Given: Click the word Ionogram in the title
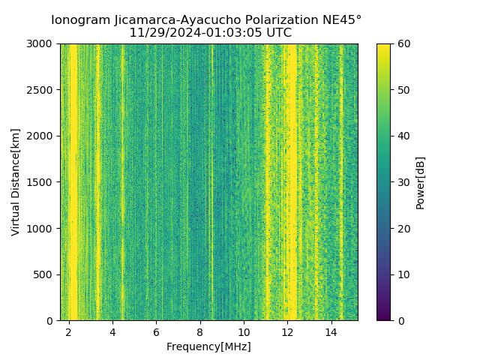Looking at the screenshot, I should click(80, 20).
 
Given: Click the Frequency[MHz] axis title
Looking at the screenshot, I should click(208, 346).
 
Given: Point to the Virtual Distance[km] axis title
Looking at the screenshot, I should click(16, 182).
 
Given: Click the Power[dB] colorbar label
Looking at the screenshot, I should click(420, 182).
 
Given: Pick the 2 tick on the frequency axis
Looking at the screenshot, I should click(69, 331).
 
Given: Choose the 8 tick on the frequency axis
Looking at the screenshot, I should click(200, 331).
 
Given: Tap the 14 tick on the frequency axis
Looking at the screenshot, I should click(331, 331).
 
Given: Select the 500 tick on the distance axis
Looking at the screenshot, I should click(43, 274).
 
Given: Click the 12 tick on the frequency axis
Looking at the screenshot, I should click(288, 331).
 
